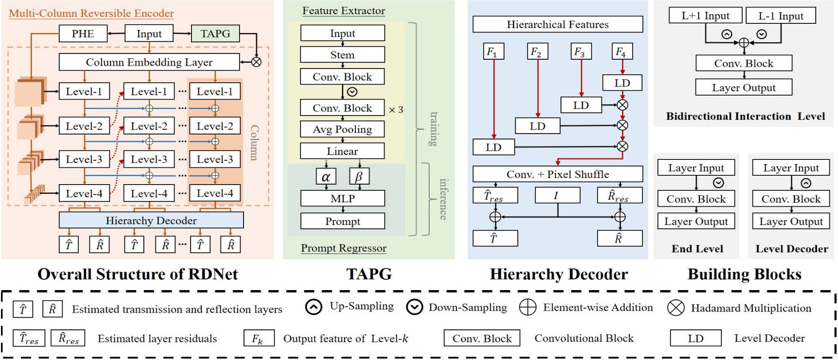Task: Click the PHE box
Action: click(83, 34)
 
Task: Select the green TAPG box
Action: click(215, 34)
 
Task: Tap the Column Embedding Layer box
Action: click(149, 62)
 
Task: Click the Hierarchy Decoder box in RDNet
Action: click(151, 220)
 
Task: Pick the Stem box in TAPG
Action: click(343, 54)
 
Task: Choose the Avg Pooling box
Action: click(343, 129)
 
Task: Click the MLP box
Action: click(343, 198)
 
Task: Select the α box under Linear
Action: click(326, 176)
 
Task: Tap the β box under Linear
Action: click(359, 176)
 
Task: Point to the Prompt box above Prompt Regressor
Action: click(343, 221)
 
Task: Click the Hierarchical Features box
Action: click(558, 24)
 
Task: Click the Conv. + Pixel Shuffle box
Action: click(558, 174)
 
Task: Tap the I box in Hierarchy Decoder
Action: click(558, 195)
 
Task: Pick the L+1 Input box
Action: click(705, 16)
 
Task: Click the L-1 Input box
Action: click(781, 16)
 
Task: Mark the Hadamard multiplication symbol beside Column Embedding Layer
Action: click(256, 62)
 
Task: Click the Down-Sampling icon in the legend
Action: click(414, 308)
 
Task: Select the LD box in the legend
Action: click(696, 338)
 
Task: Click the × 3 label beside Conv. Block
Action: click(396, 110)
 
